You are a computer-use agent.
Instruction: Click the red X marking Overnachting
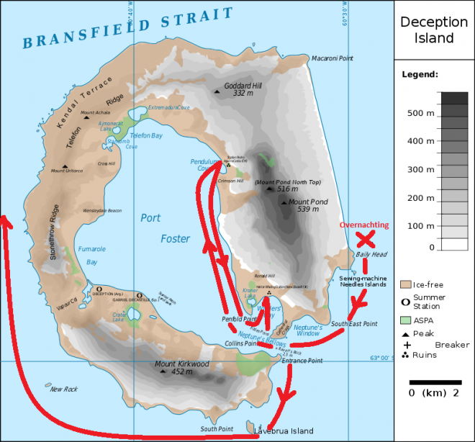365,239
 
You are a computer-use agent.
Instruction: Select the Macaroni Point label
333,58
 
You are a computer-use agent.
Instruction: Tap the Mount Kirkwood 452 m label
182,368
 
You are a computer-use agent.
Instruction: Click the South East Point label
354,325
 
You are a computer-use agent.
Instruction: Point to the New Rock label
63,389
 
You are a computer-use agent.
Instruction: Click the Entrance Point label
304,361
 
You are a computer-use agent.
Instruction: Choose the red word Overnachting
364,225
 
